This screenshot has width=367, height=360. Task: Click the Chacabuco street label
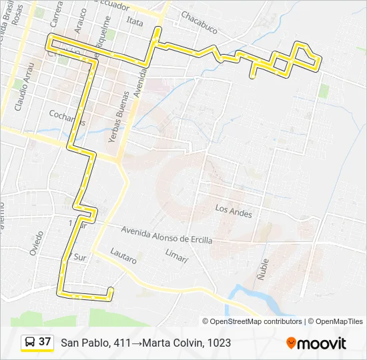199,25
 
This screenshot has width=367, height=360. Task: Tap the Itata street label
135,22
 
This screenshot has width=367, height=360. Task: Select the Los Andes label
234,209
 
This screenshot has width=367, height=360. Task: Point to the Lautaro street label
123,256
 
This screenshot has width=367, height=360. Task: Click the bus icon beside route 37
30,343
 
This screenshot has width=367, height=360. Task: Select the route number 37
45,342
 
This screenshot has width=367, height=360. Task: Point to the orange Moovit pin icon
291,343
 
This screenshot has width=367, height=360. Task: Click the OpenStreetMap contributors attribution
256,321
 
